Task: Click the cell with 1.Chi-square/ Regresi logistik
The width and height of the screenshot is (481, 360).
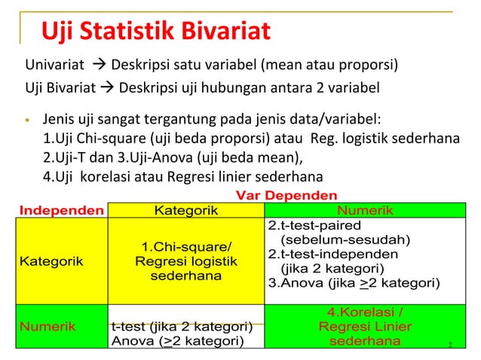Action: click(185, 261)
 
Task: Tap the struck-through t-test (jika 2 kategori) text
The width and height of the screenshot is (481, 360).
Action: click(181, 326)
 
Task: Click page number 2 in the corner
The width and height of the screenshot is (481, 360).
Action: click(449, 345)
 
